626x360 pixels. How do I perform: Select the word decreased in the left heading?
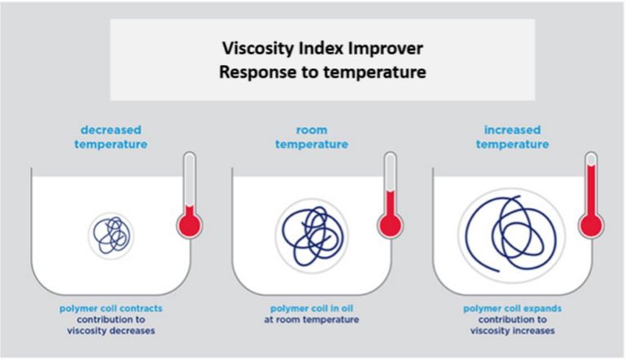click(x=111, y=130)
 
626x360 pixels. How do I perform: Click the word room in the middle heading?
click(x=312, y=130)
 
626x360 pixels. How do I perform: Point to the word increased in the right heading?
click(x=512, y=130)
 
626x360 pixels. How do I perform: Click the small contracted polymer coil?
click(x=112, y=235)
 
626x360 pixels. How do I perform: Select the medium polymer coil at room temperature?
click(x=312, y=235)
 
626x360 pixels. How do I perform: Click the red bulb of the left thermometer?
click(x=190, y=225)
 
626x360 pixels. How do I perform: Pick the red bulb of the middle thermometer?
click(x=390, y=226)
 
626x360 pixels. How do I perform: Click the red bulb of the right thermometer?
click(x=591, y=226)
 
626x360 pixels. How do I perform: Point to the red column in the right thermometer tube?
click(x=591, y=191)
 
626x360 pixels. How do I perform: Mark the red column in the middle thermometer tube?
click(x=390, y=204)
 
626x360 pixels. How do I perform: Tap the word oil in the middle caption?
click(x=347, y=309)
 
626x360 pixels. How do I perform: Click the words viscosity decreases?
click(x=111, y=331)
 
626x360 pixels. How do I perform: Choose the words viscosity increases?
click(x=512, y=331)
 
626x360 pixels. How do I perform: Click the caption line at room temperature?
click(x=311, y=320)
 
